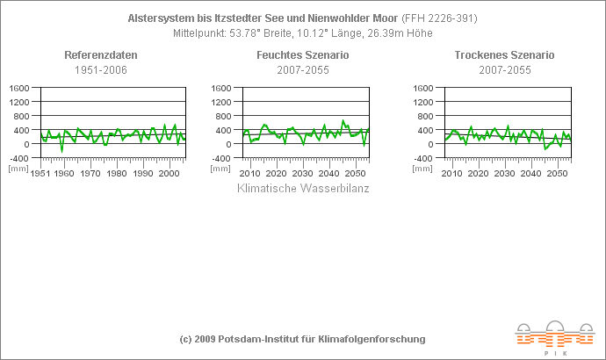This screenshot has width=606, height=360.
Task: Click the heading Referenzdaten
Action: tap(101, 55)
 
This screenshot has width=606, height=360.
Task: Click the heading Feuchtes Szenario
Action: tap(302, 55)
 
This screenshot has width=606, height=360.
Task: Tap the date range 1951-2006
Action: tap(101, 69)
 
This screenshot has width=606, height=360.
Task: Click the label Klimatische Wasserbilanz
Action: tap(304, 188)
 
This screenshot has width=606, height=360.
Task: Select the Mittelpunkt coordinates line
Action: tap(302, 32)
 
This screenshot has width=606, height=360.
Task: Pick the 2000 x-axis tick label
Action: tap(170, 173)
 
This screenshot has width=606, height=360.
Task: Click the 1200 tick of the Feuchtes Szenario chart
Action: tap(221, 102)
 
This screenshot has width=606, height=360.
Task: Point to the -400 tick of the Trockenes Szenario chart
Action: tap(422, 158)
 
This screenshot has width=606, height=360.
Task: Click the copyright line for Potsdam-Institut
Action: tap(302, 339)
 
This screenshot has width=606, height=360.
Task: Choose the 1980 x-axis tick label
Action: tap(117, 173)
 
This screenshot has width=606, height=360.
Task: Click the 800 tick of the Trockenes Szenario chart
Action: tap(425, 116)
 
